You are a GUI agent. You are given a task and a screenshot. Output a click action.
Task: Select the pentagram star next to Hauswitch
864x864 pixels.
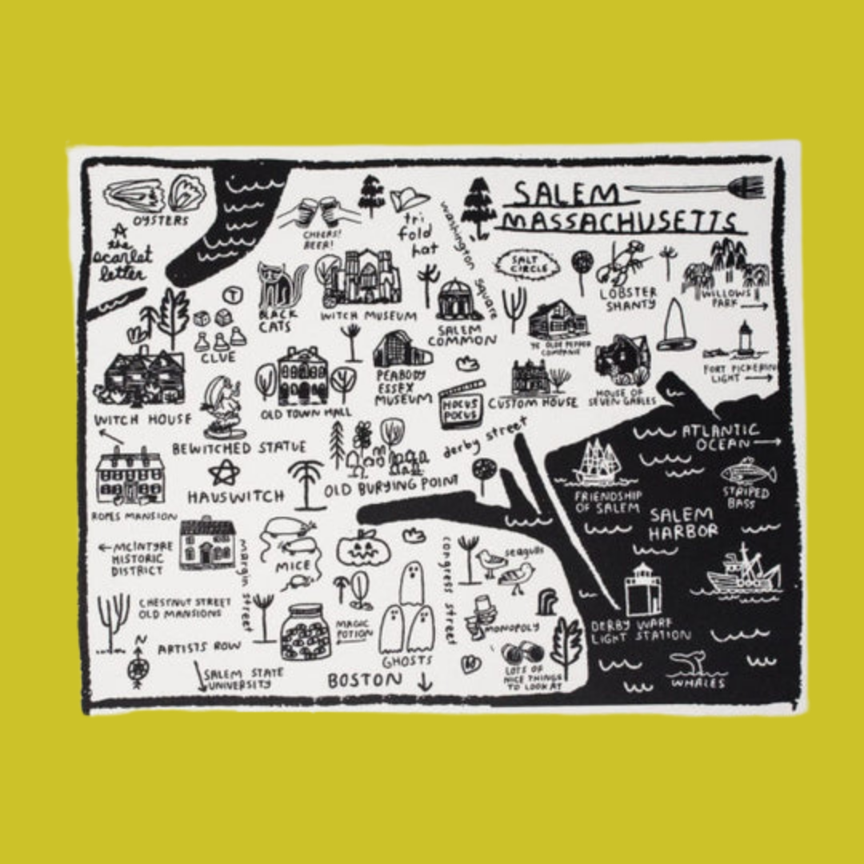[221, 472]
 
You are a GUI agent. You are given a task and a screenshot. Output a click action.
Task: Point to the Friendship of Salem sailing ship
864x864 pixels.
[598, 464]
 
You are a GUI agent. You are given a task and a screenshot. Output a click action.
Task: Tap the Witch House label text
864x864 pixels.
[142, 420]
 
